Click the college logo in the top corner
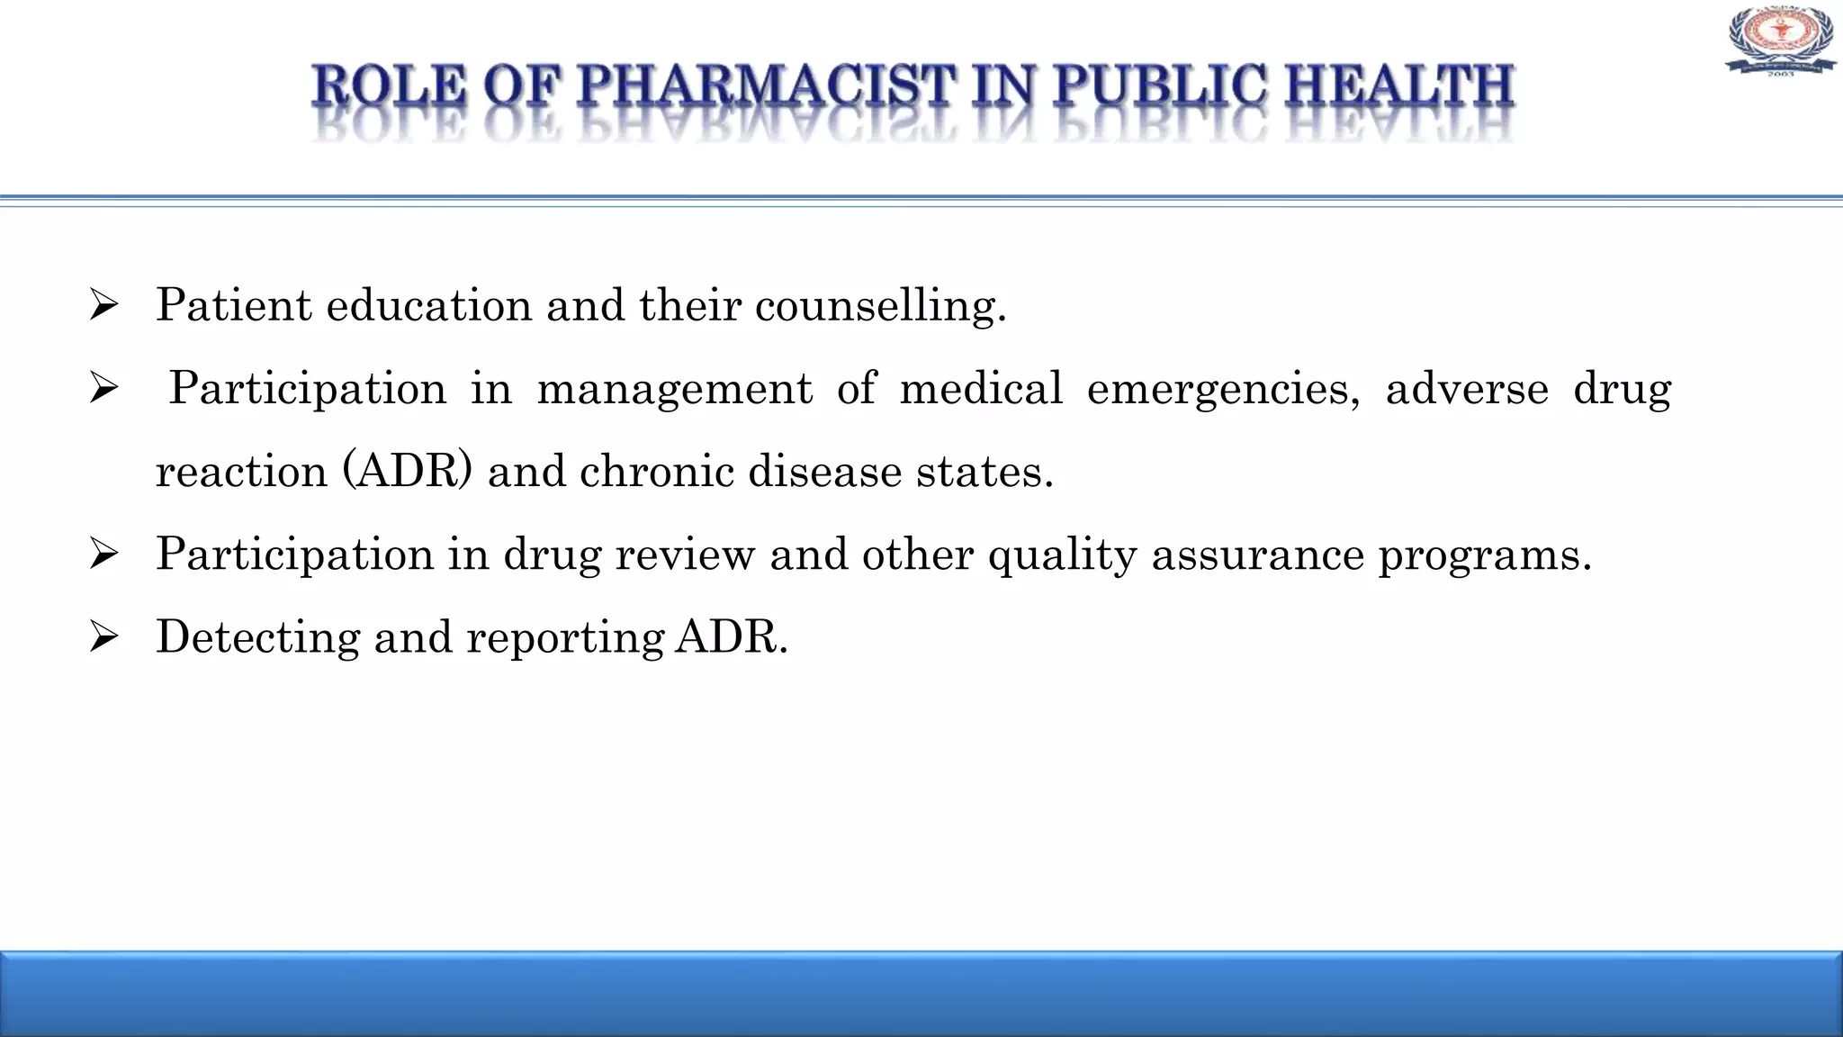click(1780, 41)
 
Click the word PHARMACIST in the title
click(764, 87)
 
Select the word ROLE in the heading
click(390, 87)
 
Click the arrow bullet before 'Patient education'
click(104, 306)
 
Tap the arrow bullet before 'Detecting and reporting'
click(104, 638)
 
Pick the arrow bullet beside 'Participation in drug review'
click(104, 555)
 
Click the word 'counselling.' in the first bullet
click(880, 306)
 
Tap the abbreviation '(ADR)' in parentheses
click(407, 472)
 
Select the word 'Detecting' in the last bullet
click(257, 638)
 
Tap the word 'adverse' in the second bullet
click(1467, 389)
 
